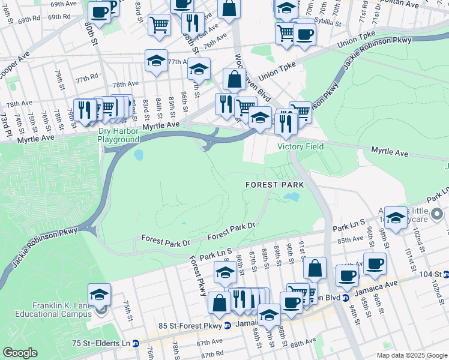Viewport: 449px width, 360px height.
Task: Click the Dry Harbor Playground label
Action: pyautogui.click(x=119, y=135)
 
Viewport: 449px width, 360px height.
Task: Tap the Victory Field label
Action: pyautogui.click(x=300, y=146)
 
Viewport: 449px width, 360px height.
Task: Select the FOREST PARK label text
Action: pyautogui.click(x=274, y=184)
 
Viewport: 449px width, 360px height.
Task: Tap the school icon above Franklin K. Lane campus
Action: pyautogui.click(x=99, y=294)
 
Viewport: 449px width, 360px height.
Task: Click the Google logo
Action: pyautogui.click(x=20, y=352)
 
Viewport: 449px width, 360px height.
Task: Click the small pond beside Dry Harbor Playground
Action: pyautogui.click(x=139, y=155)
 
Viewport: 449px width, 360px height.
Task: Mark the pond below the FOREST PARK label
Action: pyautogui.click(x=292, y=197)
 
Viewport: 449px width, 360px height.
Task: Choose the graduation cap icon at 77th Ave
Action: pyautogui.click(x=156, y=60)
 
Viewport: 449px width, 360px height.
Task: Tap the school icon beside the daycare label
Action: pyautogui.click(x=396, y=218)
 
